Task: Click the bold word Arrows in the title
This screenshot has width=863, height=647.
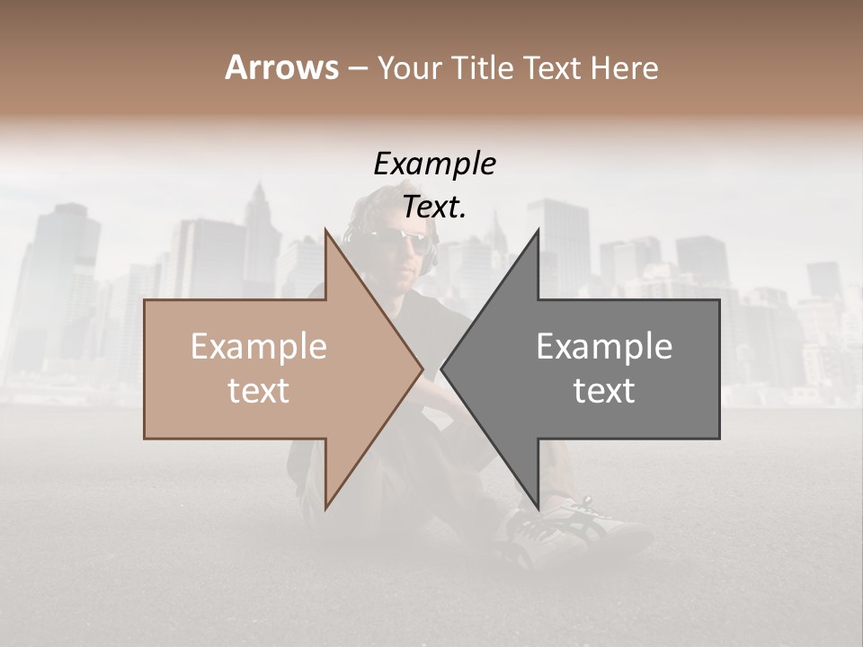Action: (x=281, y=67)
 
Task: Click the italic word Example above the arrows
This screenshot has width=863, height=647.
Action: (x=434, y=164)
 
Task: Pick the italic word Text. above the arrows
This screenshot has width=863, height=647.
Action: (x=434, y=208)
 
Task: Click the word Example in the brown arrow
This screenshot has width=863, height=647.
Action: (x=259, y=347)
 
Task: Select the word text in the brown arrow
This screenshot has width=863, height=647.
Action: (x=259, y=391)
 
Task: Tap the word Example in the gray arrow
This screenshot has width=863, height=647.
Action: (x=604, y=347)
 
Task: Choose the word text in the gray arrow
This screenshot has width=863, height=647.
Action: (x=604, y=391)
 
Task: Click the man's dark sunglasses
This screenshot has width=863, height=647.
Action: (x=396, y=239)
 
